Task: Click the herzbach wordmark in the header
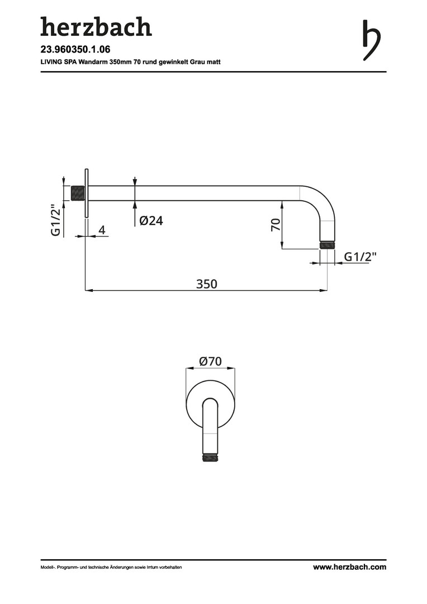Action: click(96, 27)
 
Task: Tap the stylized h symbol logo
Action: click(372, 40)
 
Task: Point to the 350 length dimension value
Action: click(207, 284)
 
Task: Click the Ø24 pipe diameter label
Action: click(151, 220)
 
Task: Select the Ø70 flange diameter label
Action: click(210, 361)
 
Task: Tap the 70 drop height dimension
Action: click(276, 225)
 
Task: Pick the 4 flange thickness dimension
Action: click(102, 230)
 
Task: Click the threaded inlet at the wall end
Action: click(77, 194)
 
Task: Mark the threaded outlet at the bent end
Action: click(328, 245)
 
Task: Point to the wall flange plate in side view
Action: click(87, 193)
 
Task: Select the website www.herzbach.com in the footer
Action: click(349, 567)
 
